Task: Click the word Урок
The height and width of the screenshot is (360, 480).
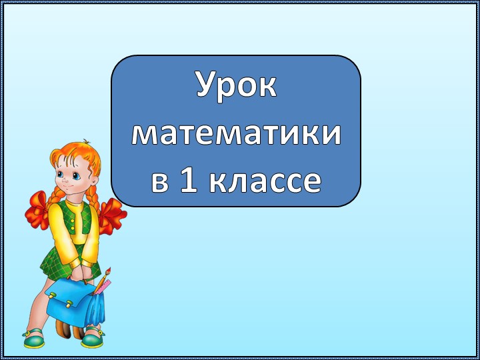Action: point(236,86)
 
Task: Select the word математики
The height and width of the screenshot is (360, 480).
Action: point(236,133)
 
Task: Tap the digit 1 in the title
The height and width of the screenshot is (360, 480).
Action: point(189,181)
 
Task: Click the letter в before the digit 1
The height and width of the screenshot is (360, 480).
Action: point(160,182)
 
